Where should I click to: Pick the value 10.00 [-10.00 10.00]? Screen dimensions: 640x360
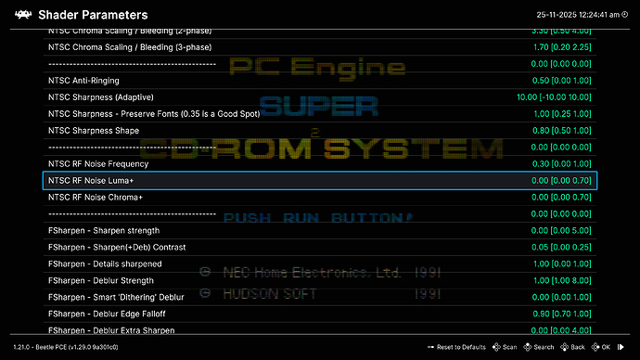click(554, 97)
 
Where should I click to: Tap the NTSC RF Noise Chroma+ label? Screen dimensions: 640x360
click(95, 197)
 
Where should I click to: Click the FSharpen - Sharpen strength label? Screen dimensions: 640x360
click(103, 230)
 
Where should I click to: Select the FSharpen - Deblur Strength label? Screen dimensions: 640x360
click(100, 279)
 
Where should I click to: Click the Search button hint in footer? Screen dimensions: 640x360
click(539, 347)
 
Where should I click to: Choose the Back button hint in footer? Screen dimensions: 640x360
click(573, 347)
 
